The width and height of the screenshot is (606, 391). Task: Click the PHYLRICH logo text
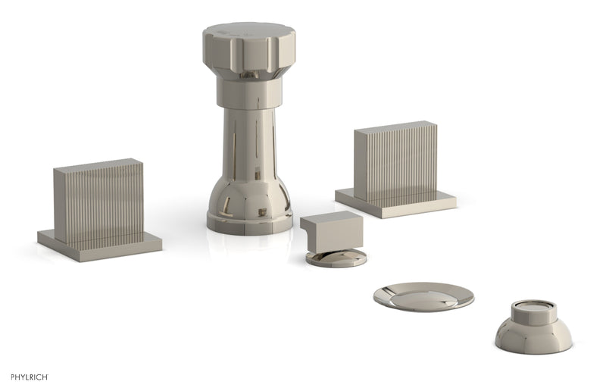click(x=30, y=377)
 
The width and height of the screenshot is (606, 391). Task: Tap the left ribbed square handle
click(x=98, y=202)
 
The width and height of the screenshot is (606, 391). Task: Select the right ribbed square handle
click(x=395, y=161)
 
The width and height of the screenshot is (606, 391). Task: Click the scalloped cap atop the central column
click(x=249, y=48)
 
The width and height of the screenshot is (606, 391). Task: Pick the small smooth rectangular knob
click(x=332, y=232)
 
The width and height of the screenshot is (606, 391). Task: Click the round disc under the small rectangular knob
click(x=336, y=258)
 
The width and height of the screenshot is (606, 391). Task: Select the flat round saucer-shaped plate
click(x=423, y=297)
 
